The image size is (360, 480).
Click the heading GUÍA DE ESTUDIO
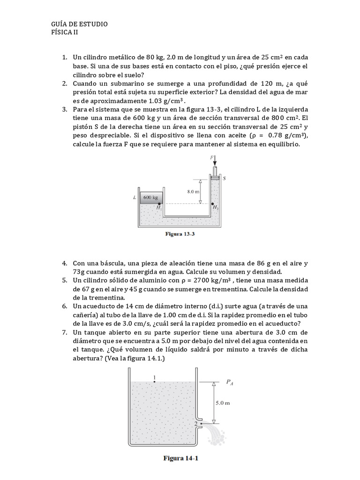(79, 24)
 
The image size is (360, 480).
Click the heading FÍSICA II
(67, 32)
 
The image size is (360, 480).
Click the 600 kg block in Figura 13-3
(150, 198)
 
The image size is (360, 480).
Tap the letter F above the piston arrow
(212, 158)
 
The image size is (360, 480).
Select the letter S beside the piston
(224, 178)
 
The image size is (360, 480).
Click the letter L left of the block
(135, 198)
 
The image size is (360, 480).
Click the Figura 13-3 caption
(180, 234)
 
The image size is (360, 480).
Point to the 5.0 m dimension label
(222, 402)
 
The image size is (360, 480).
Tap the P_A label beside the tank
(230, 382)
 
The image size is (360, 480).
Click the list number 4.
(65, 263)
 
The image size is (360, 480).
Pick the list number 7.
(65, 332)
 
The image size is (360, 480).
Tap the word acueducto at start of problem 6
(100, 306)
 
